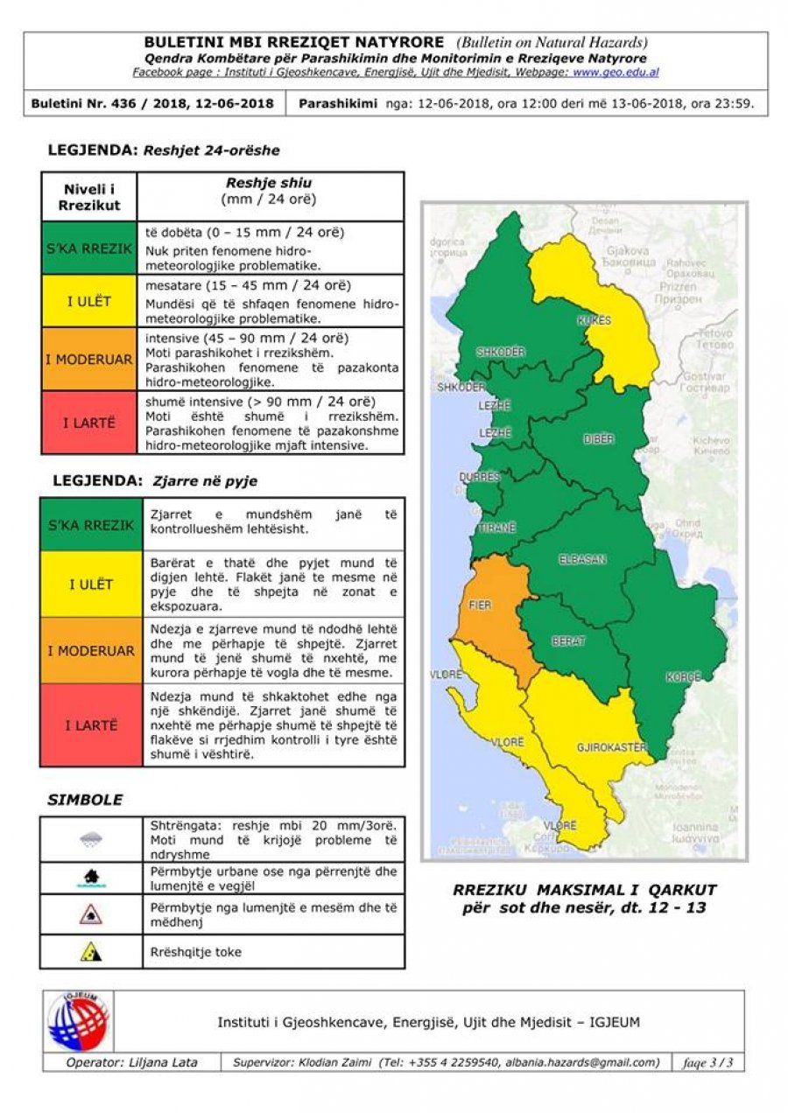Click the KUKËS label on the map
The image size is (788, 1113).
point(594,320)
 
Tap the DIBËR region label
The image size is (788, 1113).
point(599,439)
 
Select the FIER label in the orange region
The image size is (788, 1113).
point(480,605)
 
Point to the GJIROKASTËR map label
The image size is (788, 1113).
point(612,747)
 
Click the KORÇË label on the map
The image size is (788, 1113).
point(683,677)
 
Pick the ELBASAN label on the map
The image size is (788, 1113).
point(582,560)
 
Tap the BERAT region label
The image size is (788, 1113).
point(568,641)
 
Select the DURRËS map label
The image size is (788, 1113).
point(480,478)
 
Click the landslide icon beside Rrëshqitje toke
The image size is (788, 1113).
point(90,952)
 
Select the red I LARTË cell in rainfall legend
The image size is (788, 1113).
point(89,423)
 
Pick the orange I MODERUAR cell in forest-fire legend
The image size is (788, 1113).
point(91,651)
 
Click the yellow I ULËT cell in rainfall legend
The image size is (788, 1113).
point(89,302)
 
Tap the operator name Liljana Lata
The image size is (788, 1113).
point(131,1062)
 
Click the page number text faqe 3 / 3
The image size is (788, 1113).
point(707,1062)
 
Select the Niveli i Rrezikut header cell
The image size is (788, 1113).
point(89,197)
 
